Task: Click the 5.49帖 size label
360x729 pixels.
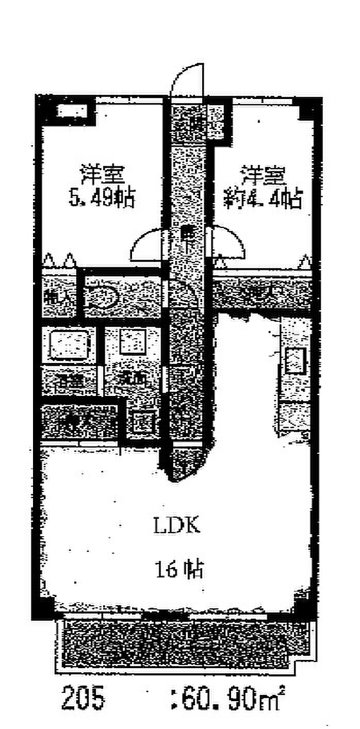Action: tap(102, 197)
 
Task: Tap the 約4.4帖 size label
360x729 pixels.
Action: tap(262, 198)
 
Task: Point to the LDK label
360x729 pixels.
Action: tap(176, 526)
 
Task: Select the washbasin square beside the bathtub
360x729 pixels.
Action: tap(133, 341)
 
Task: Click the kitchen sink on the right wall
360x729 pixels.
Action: tap(295, 360)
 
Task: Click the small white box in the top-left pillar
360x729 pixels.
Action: tap(72, 111)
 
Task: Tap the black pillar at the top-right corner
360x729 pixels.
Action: tap(309, 109)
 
